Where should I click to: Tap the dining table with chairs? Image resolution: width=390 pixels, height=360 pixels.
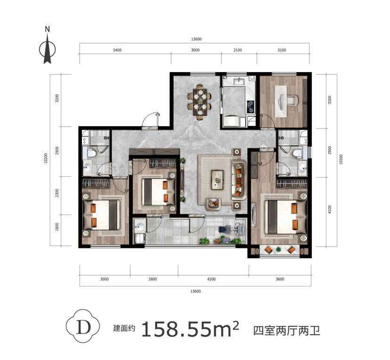(200, 102)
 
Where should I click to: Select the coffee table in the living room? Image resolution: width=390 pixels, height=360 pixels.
(217, 180)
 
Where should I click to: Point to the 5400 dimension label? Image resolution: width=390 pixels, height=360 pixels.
(117, 50)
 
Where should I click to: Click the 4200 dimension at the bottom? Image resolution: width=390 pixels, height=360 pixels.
(211, 279)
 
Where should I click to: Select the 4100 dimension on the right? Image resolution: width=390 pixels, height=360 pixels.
(330, 209)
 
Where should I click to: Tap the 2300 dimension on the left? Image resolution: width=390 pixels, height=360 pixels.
(57, 193)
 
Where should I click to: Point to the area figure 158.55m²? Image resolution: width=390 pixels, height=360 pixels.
(190, 329)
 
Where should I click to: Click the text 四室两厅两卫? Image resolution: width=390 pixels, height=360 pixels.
(286, 331)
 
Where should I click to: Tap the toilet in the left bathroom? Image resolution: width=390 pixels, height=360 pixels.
(91, 153)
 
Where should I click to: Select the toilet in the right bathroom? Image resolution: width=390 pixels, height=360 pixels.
(298, 153)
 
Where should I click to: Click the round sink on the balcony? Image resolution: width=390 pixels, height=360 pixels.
(139, 227)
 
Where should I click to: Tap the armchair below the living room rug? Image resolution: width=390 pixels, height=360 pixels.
(213, 204)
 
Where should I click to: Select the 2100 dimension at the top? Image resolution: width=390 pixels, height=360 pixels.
(237, 50)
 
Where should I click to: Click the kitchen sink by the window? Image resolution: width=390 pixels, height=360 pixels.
(239, 80)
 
